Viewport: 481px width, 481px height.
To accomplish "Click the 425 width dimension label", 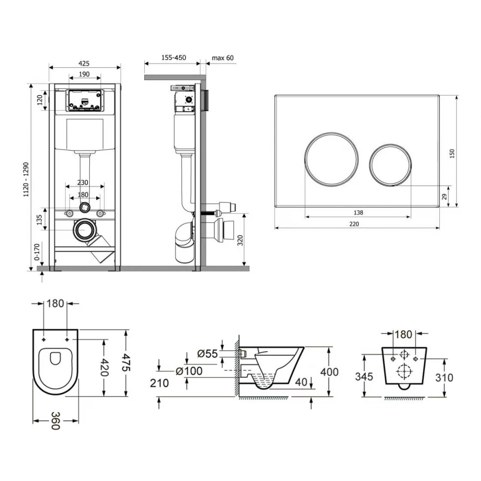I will (84, 64).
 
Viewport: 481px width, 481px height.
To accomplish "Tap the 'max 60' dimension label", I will (222, 58).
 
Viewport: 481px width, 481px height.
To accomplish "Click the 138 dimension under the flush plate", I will (358, 213).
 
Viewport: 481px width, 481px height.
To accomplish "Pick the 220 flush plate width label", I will (354, 224).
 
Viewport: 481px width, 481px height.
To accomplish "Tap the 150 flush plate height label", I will (452, 154).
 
